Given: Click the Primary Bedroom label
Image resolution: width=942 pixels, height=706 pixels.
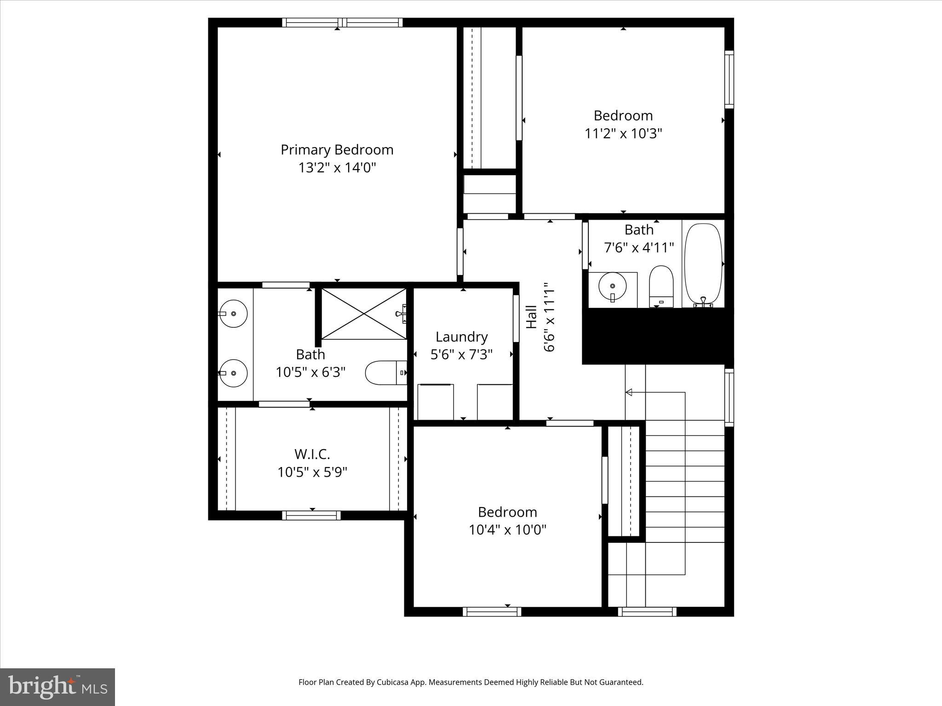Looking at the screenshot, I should [x=337, y=150].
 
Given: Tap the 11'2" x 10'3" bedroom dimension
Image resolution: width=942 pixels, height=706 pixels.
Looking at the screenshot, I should [x=623, y=134].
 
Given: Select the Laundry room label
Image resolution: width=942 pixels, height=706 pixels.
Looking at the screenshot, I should [x=461, y=337].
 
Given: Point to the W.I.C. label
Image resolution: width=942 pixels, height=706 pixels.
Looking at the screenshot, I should [x=312, y=454].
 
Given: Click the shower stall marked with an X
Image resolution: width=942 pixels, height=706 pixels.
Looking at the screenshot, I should [x=363, y=313].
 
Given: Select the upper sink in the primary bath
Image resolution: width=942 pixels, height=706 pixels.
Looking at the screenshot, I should [x=234, y=313].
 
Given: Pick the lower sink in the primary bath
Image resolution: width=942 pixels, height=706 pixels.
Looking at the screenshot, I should [x=234, y=373].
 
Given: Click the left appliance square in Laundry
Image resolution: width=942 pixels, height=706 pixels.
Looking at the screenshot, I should [x=435, y=402].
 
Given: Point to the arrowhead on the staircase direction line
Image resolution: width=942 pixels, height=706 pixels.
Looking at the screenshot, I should [x=629, y=392].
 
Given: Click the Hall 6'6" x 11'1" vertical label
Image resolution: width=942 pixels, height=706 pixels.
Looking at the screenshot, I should [x=540, y=317].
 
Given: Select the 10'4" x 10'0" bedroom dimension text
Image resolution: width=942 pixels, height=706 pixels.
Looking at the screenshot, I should [x=507, y=530].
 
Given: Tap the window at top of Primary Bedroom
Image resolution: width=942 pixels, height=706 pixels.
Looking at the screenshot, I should [x=342, y=23].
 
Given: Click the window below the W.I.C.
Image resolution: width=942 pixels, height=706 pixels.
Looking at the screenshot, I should [x=311, y=515].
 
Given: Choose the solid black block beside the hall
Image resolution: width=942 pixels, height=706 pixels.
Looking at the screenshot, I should [x=657, y=336].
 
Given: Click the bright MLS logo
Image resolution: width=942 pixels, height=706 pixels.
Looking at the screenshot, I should [x=57, y=687].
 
